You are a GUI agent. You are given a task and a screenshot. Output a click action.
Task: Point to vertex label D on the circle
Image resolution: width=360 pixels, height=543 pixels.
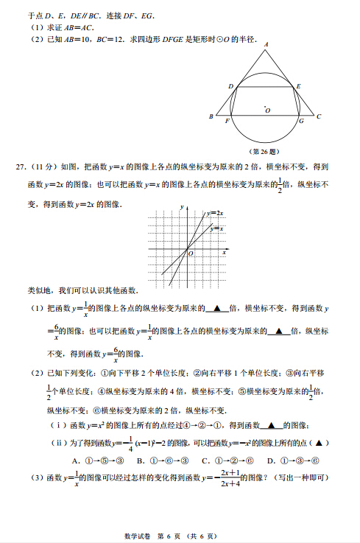[x=230, y=86]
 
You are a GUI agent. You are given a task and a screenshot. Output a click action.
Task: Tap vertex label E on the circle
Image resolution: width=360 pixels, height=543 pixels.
[x=298, y=86]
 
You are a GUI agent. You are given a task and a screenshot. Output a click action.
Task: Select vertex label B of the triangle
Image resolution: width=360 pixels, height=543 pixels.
[x=211, y=116]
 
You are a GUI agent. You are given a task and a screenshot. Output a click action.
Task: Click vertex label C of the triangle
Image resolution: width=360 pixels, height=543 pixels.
[x=318, y=116]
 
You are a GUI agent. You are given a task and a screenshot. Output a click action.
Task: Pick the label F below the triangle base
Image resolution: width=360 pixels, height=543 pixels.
[x=227, y=120]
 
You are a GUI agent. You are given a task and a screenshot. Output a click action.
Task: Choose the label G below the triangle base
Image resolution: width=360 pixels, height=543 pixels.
[x=300, y=120]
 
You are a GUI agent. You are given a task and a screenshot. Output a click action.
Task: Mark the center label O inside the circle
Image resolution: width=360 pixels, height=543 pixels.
[x=268, y=111]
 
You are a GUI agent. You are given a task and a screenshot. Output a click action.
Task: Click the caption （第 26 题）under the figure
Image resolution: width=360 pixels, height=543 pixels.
[x=264, y=152]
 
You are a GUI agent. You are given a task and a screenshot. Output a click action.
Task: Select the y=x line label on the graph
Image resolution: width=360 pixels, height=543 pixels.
[x=216, y=229]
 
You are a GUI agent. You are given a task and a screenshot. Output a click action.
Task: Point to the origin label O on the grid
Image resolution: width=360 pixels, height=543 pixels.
[x=190, y=254]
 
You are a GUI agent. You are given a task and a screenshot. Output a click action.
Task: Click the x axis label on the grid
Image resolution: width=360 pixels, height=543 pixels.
[x=224, y=252]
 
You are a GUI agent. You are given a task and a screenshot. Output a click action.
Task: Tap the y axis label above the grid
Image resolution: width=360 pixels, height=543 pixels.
[x=181, y=209]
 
